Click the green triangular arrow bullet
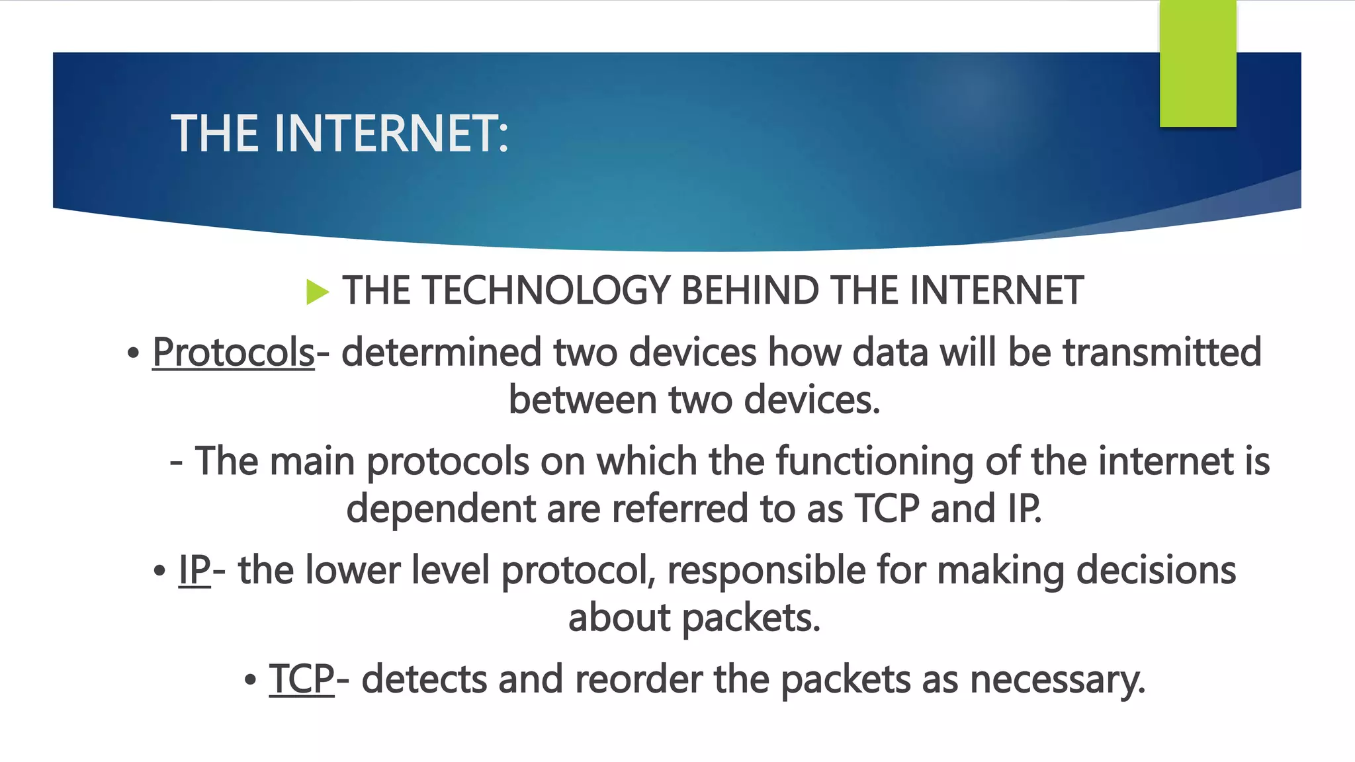tap(318, 292)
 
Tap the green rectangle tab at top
tap(1198, 63)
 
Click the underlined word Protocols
tap(234, 352)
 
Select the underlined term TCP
tap(302, 679)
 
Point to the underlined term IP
tap(195, 570)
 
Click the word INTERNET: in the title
tap(391, 134)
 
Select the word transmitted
tap(1162, 352)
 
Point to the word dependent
tap(441, 509)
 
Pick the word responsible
tap(766, 570)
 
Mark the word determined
tap(441, 352)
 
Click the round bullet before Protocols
tap(134, 353)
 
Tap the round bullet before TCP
tap(250, 681)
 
